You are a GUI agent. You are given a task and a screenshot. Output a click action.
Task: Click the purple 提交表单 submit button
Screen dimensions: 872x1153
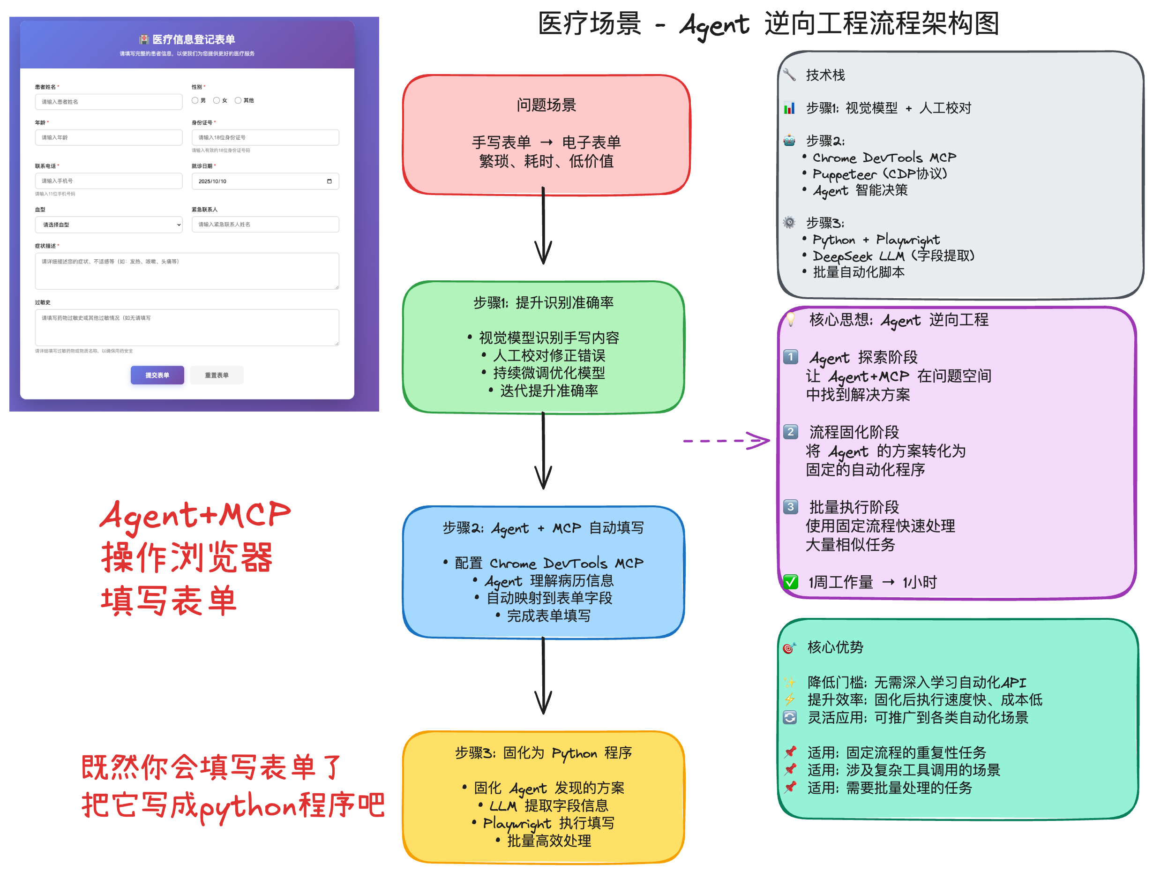tap(157, 375)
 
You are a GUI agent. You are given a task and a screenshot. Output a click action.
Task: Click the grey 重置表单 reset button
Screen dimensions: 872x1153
tap(217, 375)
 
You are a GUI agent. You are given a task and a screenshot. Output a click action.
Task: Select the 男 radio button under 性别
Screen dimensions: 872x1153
tap(195, 100)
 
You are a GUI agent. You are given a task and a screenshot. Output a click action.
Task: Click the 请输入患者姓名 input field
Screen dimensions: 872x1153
tap(108, 102)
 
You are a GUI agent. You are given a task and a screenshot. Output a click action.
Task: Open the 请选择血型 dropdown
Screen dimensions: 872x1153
tap(108, 225)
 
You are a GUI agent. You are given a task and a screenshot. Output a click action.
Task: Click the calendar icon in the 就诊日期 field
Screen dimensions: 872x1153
tap(329, 181)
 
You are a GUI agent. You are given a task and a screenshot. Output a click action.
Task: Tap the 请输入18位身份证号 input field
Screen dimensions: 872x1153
tap(265, 138)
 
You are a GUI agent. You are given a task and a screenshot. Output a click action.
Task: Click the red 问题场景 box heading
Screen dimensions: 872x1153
tap(546, 105)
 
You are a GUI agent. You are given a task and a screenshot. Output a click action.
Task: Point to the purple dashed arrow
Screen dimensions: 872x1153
tap(726, 441)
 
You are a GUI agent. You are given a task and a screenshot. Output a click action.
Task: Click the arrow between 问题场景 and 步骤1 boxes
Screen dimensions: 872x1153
tap(543, 229)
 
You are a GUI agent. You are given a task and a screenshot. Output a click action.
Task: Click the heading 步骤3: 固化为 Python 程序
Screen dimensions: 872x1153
tap(543, 752)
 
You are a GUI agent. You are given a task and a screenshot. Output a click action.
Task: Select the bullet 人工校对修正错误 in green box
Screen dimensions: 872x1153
tap(548, 356)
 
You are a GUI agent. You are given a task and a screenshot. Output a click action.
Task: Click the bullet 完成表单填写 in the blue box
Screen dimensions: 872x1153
tap(548, 616)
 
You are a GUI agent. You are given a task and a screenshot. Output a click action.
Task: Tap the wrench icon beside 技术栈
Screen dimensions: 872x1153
tap(789, 75)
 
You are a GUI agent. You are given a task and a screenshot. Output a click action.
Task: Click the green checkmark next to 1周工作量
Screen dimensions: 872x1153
tap(791, 582)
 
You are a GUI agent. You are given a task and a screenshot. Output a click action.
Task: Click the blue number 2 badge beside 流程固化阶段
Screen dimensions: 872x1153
tap(791, 432)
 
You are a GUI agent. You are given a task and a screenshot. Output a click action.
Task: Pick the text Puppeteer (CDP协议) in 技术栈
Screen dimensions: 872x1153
tap(879, 173)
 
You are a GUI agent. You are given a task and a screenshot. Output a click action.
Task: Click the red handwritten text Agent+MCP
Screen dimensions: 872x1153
tap(195, 515)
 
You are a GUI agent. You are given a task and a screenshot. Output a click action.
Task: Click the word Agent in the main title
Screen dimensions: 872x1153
tap(714, 25)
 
